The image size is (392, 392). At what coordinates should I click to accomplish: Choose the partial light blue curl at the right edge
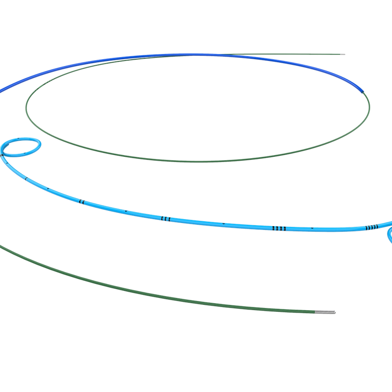(x=389, y=235)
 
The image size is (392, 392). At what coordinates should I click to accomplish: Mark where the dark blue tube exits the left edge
(x=1, y=90)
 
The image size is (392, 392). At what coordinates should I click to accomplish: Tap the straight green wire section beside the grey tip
(x=305, y=54)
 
